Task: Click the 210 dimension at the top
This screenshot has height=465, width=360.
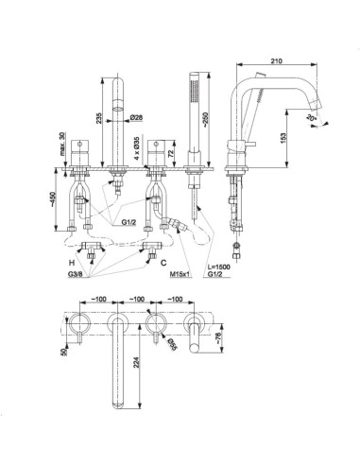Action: (276, 60)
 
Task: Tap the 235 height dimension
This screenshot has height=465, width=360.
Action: (99, 118)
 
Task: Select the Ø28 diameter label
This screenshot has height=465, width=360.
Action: (136, 117)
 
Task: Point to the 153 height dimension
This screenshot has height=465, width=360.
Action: (283, 137)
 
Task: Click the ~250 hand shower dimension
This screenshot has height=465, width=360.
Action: (205, 119)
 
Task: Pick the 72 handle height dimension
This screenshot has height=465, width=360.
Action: (171, 154)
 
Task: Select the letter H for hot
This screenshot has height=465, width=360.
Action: (72, 262)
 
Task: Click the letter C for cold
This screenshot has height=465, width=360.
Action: (163, 262)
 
